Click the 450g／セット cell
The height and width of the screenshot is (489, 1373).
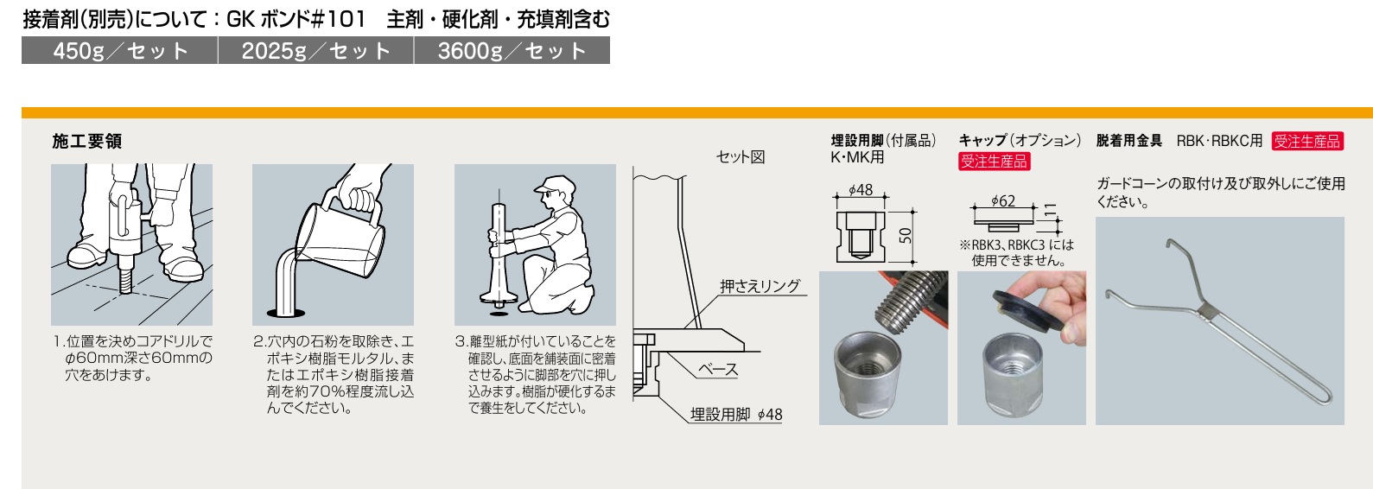pyautogui.click(x=119, y=50)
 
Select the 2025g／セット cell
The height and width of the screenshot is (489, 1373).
pyautogui.click(x=315, y=50)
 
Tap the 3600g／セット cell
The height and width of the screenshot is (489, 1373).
pyautogui.click(x=512, y=50)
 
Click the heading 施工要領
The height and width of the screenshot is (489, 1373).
pyautogui.click(x=87, y=142)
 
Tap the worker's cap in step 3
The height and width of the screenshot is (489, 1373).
pyautogui.click(x=554, y=183)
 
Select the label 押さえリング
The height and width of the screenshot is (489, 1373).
pyautogui.click(x=760, y=286)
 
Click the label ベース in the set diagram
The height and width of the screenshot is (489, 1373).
pyautogui.click(x=718, y=370)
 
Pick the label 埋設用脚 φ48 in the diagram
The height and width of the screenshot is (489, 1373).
pyautogui.click(x=736, y=415)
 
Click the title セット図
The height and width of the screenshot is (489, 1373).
pyautogui.click(x=741, y=157)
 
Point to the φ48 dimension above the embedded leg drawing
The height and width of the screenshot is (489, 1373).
pyautogui.click(x=861, y=190)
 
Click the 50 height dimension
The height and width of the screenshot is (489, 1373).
pyautogui.click(x=906, y=235)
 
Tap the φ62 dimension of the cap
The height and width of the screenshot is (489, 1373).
pyautogui.click(x=1003, y=201)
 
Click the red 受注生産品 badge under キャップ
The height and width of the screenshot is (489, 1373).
pyautogui.click(x=995, y=162)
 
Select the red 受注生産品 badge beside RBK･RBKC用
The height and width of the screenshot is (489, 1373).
pyautogui.click(x=1307, y=142)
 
